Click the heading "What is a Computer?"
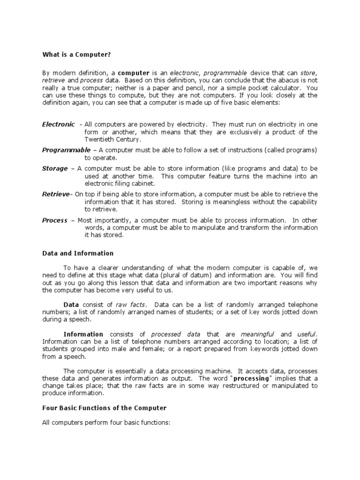(76, 55)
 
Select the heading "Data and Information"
(78, 253)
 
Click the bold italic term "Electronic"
(58, 124)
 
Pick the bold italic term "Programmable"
(66, 150)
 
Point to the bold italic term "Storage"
(54, 168)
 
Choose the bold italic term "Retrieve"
(56, 194)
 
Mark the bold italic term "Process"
(54, 220)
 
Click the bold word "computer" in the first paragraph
(133, 73)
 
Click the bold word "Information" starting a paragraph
(83, 334)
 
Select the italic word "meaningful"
(257, 334)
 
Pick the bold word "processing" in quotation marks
(251, 378)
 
